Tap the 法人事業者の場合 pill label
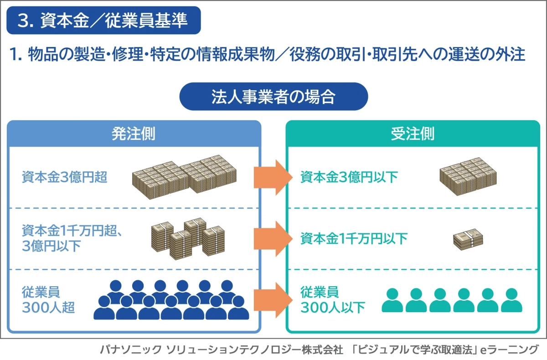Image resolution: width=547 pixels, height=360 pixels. (x=273, y=97)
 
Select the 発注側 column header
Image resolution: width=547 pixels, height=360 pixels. (x=134, y=134)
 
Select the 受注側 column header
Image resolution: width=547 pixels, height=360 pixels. (x=413, y=134)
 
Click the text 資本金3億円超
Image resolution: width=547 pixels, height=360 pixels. (x=64, y=177)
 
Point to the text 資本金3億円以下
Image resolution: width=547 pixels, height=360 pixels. (x=349, y=177)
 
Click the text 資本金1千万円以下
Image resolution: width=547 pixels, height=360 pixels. (x=354, y=238)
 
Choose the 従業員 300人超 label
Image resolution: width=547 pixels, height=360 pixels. (x=48, y=299)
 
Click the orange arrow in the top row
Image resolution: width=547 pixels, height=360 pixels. (x=273, y=177)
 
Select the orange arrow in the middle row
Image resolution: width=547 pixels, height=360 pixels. (x=273, y=238)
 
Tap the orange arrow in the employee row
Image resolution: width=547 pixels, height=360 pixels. (x=273, y=299)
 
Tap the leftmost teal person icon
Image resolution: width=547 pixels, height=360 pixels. (x=392, y=300)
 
